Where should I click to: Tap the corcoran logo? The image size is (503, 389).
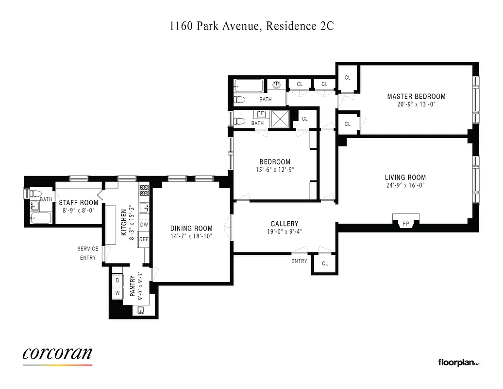click(x=57, y=354)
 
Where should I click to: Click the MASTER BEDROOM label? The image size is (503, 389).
click(x=416, y=96)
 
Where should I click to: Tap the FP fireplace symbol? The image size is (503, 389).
click(x=405, y=224)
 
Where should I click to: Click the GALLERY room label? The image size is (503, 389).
click(x=285, y=224)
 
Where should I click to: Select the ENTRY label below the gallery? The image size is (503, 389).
click(x=299, y=261)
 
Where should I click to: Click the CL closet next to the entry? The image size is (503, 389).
click(x=325, y=264)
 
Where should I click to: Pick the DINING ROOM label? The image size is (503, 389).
click(x=191, y=228)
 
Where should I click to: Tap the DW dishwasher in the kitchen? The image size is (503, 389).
click(x=144, y=225)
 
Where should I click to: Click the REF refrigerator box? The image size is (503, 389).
click(x=144, y=239)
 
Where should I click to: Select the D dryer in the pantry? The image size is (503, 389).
click(x=117, y=281)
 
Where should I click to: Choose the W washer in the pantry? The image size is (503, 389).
click(x=117, y=293)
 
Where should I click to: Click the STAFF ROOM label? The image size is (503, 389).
click(x=79, y=203)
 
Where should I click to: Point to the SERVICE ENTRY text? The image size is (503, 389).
click(x=88, y=253)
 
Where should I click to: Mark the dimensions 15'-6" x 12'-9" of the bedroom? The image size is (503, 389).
click(x=275, y=170)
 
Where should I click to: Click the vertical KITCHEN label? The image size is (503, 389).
click(x=124, y=221)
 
